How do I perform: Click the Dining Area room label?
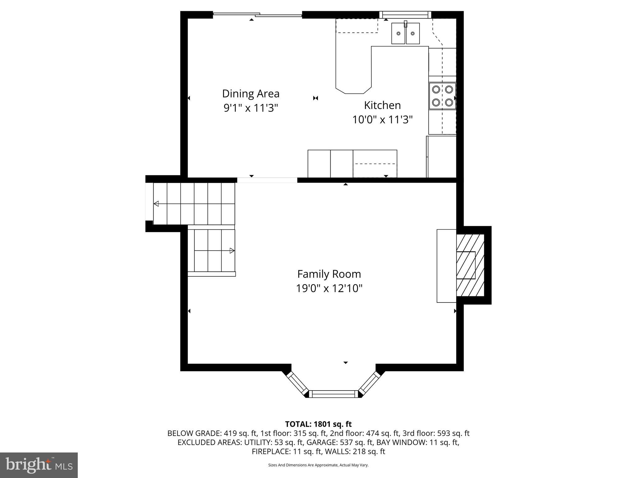[x=251, y=94]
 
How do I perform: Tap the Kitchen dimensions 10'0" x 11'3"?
[x=382, y=119]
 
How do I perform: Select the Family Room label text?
[x=329, y=274]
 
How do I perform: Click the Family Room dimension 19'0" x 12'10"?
[x=329, y=288]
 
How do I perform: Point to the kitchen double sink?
[x=405, y=34]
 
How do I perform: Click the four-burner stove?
[x=442, y=96]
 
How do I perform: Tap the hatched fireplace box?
[x=470, y=265]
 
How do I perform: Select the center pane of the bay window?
[x=333, y=394]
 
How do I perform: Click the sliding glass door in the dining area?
[x=258, y=15]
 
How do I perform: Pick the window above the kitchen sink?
[x=405, y=14]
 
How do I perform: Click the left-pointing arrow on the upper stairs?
[x=156, y=204]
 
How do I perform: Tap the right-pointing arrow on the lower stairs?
[x=232, y=251]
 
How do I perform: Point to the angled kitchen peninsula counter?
[x=353, y=72]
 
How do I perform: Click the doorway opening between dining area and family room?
[x=267, y=180]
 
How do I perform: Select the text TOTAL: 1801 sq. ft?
[x=318, y=424]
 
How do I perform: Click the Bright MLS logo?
[x=39, y=465]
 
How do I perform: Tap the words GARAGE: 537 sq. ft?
[x=340, y=442]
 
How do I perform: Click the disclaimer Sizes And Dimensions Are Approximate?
[x=318, y=465]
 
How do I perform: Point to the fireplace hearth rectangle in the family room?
[x=446, y=266]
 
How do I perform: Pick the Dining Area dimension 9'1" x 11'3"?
[x=251, y=108]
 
